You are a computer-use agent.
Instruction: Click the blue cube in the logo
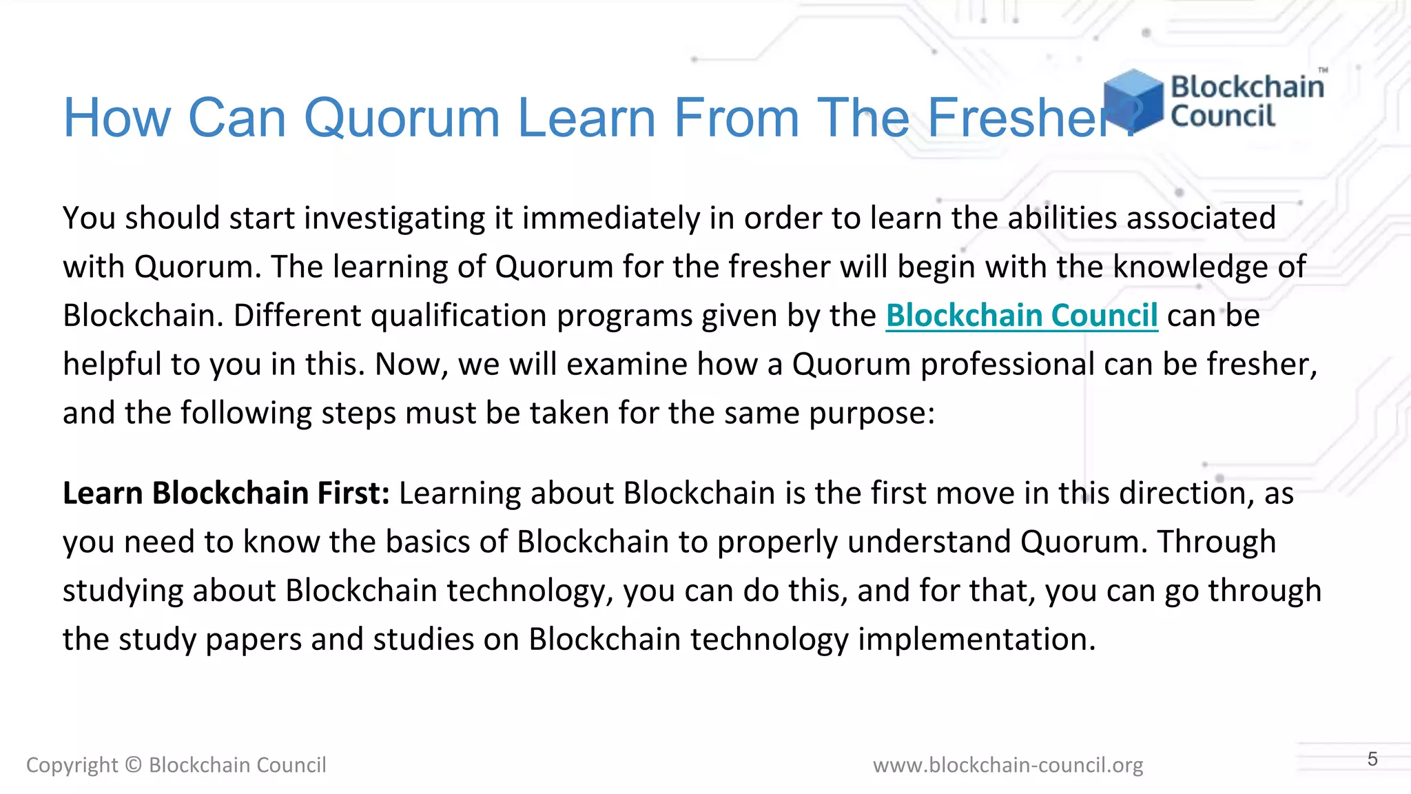(1133, 100)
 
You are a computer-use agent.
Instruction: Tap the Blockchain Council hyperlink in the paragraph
(1021, 316)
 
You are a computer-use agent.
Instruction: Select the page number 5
(1372, 759)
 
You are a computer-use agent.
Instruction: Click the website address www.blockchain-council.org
(1007, 765)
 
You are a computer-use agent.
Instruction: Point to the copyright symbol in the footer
(134, 765)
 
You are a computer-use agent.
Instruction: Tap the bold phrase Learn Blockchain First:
(226, 493)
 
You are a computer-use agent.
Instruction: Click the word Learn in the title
(587, 117)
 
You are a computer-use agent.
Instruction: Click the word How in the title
(117, 117)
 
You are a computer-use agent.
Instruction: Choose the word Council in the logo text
(1223, 116)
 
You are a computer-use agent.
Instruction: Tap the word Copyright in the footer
(72, 765)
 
